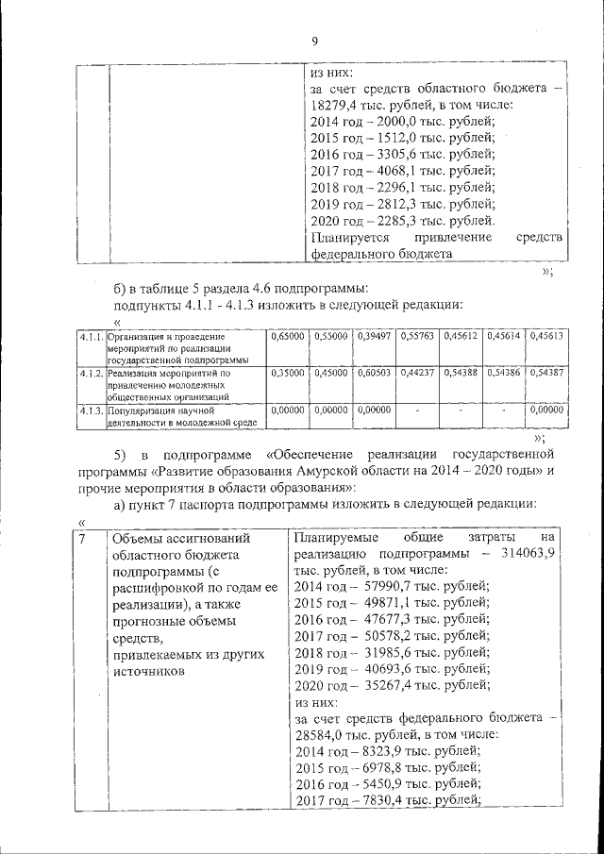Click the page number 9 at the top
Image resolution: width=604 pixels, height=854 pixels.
[x=314, y=41]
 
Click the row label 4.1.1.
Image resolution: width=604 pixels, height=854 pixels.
[x=92, y=336]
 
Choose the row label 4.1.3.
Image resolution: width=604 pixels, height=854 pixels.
[x=92, y=411]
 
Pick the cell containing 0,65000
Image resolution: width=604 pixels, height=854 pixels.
[x=287, y=336]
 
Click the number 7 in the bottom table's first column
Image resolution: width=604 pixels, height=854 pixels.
[x=84, y=539]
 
